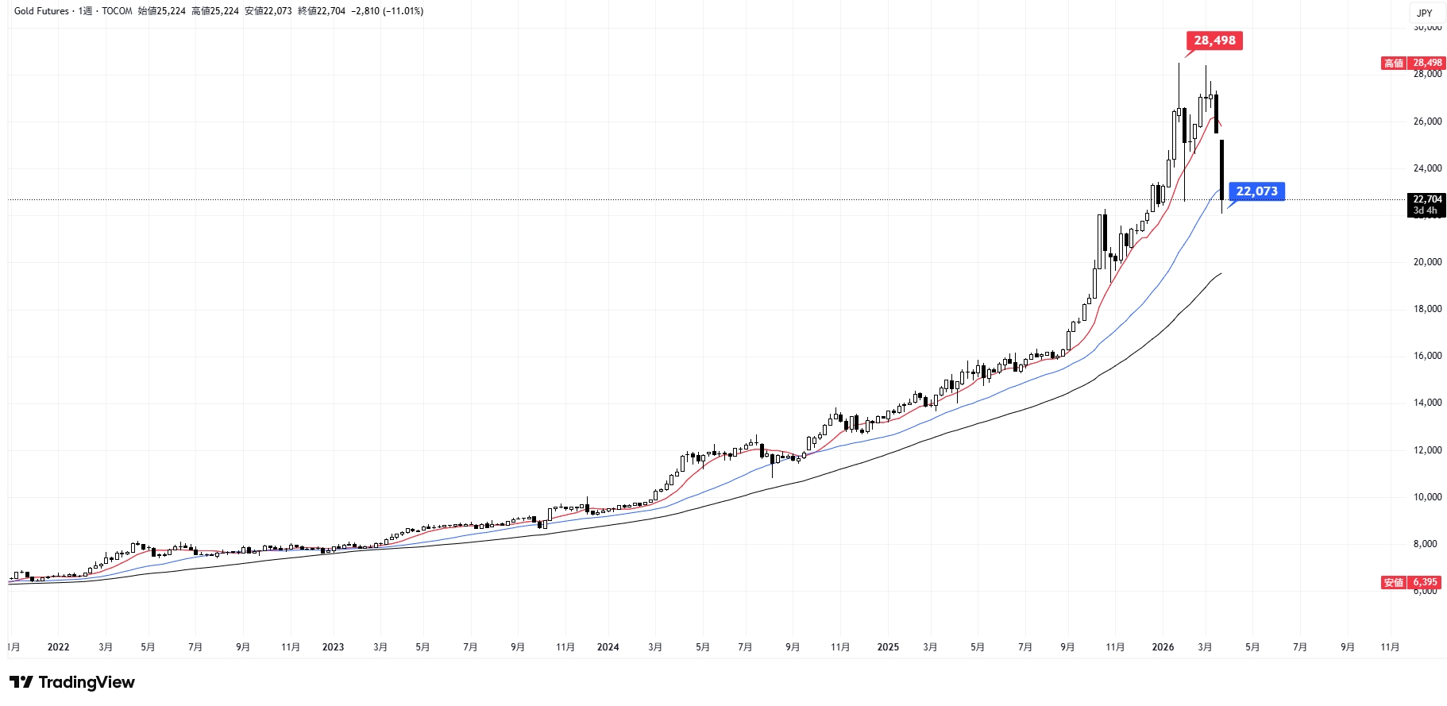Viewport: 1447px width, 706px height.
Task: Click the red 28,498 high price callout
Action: [1214, 41]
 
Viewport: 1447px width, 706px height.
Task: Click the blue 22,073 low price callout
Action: [1256, 191]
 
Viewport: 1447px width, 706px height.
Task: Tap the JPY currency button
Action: [1425, 13]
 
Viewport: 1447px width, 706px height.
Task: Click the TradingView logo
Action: [72, 682]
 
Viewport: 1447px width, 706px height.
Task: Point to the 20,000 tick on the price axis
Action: [1427, 262]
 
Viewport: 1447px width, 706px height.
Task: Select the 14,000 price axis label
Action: [1427, 403]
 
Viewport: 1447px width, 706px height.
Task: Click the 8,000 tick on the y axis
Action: [1427, 544]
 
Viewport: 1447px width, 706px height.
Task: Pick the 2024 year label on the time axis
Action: [608, 647]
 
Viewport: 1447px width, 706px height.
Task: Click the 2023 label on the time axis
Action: [333, 647]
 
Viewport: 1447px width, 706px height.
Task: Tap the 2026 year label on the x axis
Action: [1163, 647]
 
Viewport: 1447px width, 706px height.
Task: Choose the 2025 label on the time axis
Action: [888, 647]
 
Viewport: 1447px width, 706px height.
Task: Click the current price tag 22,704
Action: [1427, 199]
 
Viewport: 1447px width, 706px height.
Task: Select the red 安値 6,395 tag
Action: [1411, 582]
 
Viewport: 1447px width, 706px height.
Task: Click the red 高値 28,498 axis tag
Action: [1411, 63]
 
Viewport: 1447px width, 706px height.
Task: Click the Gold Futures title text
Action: [41, 11]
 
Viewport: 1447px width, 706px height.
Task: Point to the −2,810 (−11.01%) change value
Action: [387, 11]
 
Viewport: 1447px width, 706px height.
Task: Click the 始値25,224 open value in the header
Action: [161, 11]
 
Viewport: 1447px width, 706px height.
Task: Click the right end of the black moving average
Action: [1221, 274]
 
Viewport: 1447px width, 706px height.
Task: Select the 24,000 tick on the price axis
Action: [1427, 168]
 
